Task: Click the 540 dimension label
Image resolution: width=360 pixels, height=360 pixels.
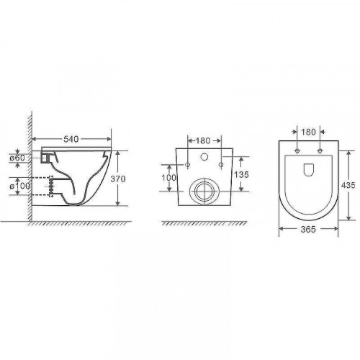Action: pyautogui.click(x=71, y=139)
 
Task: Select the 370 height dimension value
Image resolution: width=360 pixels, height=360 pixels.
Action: pyautogui.click(x=118, y=179)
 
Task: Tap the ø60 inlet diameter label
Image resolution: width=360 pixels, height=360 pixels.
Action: pyautogui.click(x=17, y=158)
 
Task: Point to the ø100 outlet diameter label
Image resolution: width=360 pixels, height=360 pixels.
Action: pyautogui.click(x=20, y=186)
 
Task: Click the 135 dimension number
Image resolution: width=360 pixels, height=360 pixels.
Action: pyautogui.click(x=241, y=174)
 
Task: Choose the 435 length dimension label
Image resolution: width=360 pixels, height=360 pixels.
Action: pyautogui.click(x=348, y=185)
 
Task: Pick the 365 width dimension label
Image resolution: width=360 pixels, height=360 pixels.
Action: pyautogui.click(x=308, y=230)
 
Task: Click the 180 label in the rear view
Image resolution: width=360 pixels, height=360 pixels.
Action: pyautogui.click(x=203, y=140)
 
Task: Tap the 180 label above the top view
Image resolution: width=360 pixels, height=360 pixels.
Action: pyautogui.click(x=308, y=132)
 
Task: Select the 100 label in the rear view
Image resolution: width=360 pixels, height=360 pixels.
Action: pyautogui.click(x=169, y=178)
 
